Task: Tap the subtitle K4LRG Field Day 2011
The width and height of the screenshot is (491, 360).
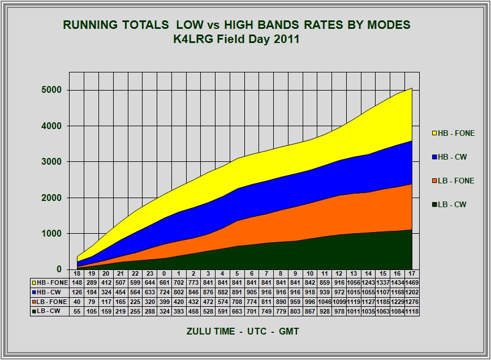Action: (236, 40)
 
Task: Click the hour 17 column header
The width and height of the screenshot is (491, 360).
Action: (411, 273)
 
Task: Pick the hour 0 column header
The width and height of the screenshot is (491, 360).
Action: (164, 273)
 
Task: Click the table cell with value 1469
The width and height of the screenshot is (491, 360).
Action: (411, 282)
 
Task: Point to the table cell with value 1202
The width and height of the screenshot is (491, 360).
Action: (411, 292)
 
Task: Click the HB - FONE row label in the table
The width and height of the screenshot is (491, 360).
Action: (50, 282)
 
